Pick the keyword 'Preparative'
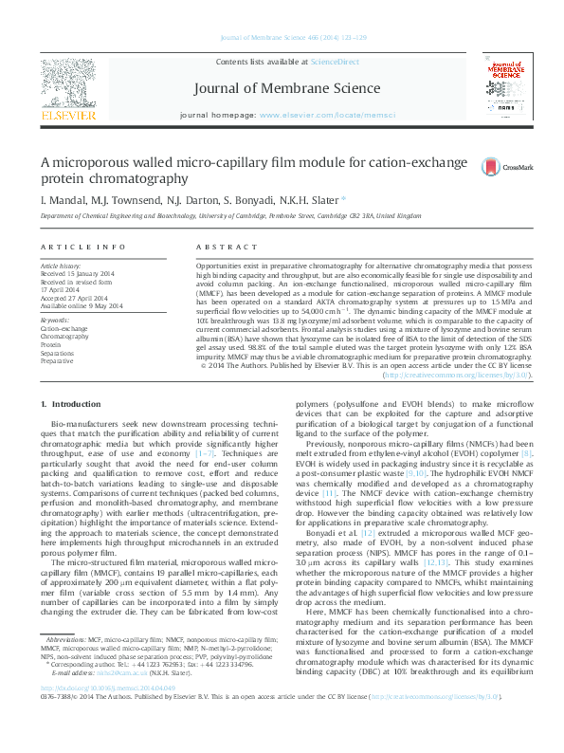(x=56, y=361)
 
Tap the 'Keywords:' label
(x=55, y=321)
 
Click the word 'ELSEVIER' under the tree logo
(x=68, y=116)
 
